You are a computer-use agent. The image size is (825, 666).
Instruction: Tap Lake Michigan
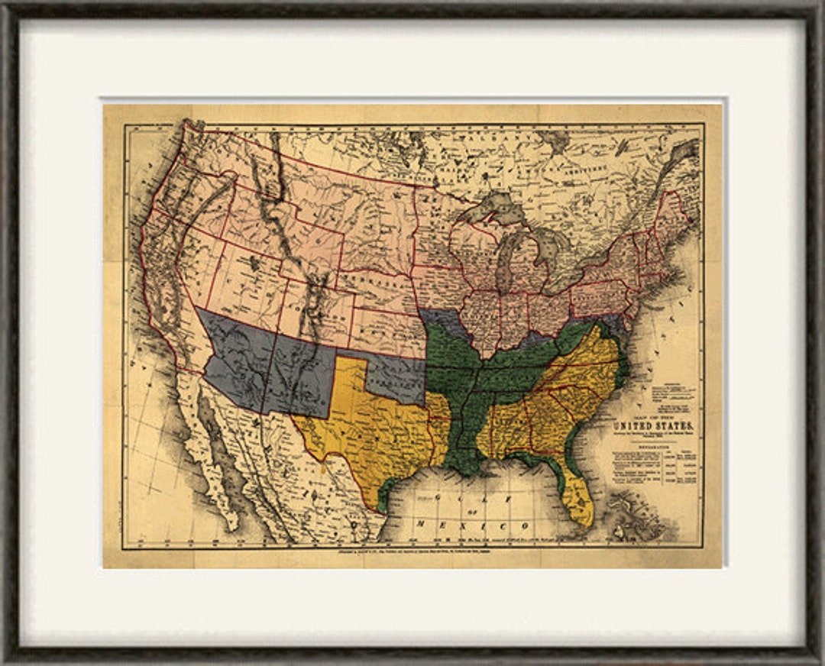[x=505, y=260]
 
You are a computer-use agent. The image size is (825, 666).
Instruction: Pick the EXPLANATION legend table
[x=654, y=477]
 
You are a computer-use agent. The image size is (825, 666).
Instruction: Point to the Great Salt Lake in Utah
[x=253, y=263]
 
